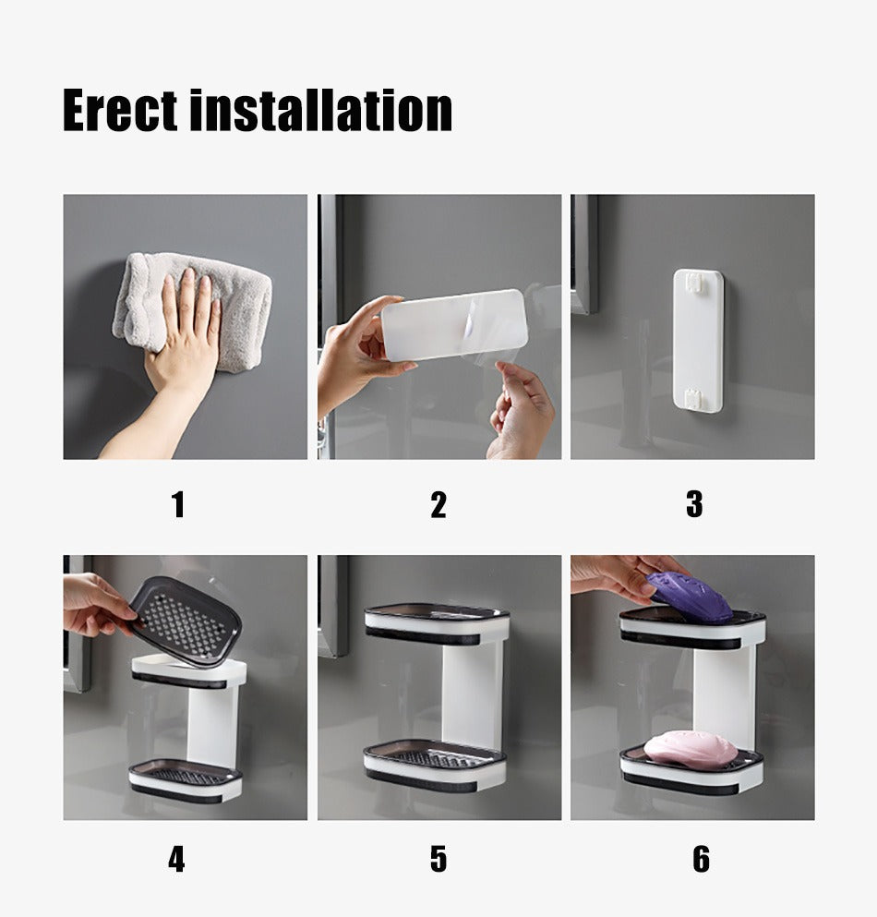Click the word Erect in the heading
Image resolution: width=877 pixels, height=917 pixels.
120,110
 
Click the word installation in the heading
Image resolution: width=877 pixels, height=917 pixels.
321,110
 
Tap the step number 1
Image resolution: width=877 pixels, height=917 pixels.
179,505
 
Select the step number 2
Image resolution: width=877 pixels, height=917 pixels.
438,505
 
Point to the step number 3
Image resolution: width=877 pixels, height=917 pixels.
694,504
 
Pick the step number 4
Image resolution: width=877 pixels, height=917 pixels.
176,859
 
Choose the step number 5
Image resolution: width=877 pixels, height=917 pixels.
438,859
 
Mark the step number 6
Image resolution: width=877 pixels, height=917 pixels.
701,859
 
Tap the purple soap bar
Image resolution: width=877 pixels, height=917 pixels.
690,597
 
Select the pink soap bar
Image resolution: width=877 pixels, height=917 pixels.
690,748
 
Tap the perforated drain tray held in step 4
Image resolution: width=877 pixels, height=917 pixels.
185,622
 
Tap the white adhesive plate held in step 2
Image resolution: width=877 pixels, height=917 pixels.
455,324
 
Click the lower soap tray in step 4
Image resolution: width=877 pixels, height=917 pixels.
185,780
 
